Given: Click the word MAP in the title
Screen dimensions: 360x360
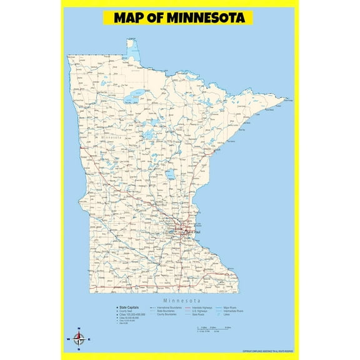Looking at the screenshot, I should pyautogui.click(x=131, y=17).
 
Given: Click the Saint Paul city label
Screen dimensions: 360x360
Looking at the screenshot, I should pyautogui.click(x=193, y=232).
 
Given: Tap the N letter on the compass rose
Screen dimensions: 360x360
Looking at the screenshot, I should pyautogui.click(x=78, y=329).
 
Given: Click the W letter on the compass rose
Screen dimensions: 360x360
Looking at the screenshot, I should pyautogui.click(x=68, y=339).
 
